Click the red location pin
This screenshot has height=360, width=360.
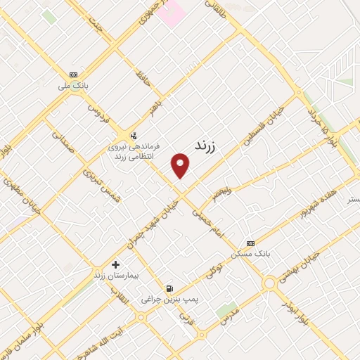181,165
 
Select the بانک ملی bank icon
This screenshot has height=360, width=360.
73,75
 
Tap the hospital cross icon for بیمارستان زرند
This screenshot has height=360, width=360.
115,264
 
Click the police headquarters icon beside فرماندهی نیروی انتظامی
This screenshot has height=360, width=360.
133,136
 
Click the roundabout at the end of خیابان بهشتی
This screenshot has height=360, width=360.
268,283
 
